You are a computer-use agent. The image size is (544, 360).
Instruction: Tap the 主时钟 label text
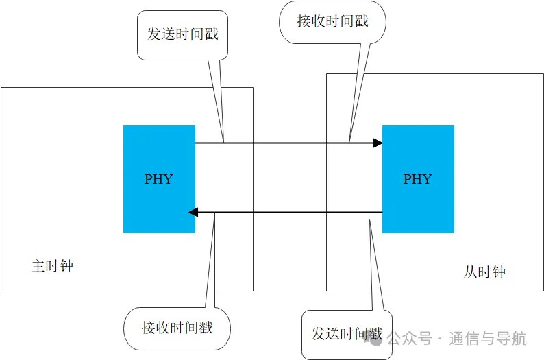(x=52, y=266)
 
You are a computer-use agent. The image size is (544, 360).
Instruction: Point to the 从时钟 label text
(x=484, y=272)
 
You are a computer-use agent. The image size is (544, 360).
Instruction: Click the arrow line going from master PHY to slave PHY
(x=288, y=143)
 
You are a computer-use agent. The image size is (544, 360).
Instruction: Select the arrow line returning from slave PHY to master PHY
(x=288, y=212)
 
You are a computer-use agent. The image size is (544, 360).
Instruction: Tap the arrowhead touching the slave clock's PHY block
(x=378, y=143)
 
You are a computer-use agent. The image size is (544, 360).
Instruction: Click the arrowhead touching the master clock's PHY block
(x=193, y=212)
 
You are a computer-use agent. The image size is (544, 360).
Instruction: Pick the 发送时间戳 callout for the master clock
(x=182, y=34)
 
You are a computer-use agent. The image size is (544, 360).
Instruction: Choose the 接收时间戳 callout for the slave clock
(x=332, y=21)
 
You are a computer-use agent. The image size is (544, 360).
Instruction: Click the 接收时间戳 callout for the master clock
(x=177, y=328)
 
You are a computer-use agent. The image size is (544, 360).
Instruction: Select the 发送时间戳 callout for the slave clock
(x=347, y=334)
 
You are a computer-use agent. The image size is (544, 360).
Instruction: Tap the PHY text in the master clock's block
(x=159, y=179)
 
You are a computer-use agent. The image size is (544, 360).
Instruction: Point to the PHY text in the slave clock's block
(x=418, y=179)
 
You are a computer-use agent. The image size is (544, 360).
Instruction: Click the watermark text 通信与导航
(x=488, y=338)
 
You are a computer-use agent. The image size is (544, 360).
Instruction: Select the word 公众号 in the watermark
(x=419, y=338)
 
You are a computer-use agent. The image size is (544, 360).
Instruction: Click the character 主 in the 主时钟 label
(x=38, y=266)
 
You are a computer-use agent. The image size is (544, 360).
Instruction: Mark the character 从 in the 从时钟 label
(x=470, y=272)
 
